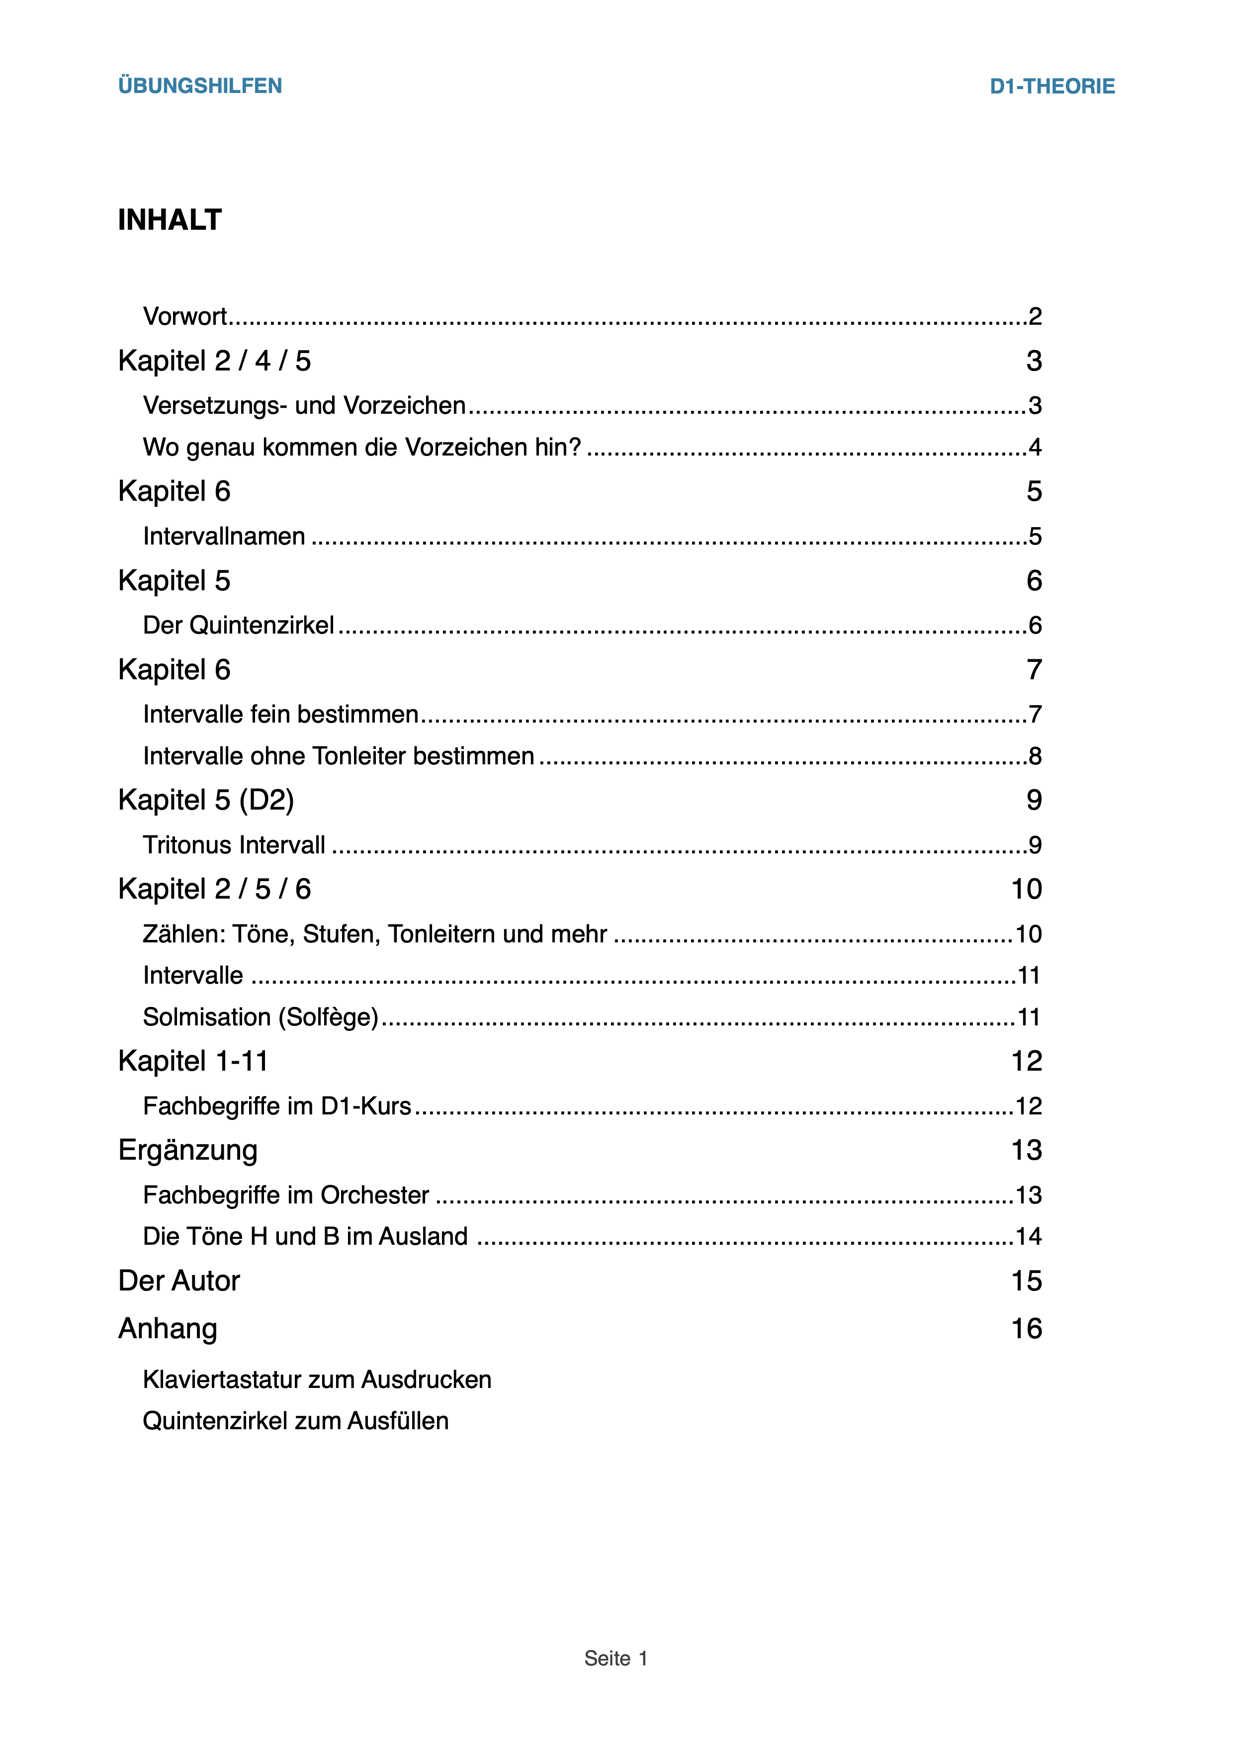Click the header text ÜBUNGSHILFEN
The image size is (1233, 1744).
coord(200,86)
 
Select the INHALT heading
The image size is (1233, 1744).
coord(170,220)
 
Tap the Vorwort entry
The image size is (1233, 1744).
coord(184,316)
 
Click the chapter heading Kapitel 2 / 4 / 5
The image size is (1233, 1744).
coord(214,361)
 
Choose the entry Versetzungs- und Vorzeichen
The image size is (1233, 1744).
coord(304,406)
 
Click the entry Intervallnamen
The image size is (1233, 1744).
coord(224,536)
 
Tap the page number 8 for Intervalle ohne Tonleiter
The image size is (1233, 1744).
coord(1034,756)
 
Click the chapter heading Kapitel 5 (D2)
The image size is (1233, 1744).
coord(206,800)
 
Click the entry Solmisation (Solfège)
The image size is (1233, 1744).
coord(261,1017)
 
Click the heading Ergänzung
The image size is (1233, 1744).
coord(187,1150)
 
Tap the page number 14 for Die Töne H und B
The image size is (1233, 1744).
coord(1029,1237)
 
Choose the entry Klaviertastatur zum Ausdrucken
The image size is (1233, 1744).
coord(317,1379)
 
